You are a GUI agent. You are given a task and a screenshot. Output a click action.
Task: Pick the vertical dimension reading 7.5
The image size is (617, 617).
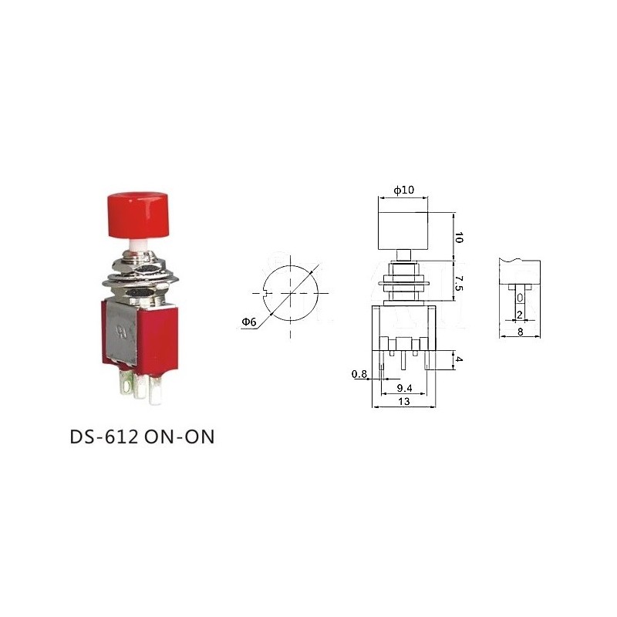(x=460, y=283)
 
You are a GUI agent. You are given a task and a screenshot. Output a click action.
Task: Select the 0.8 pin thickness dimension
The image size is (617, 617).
(x=359, y=374)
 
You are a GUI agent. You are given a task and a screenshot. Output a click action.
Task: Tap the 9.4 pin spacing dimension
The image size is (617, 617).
(x=403, y=388)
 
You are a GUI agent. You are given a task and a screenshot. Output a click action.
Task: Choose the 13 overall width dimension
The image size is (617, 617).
(x=403, y=402)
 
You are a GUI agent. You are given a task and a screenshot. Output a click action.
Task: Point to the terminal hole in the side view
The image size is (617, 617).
(x=520, y=298)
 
